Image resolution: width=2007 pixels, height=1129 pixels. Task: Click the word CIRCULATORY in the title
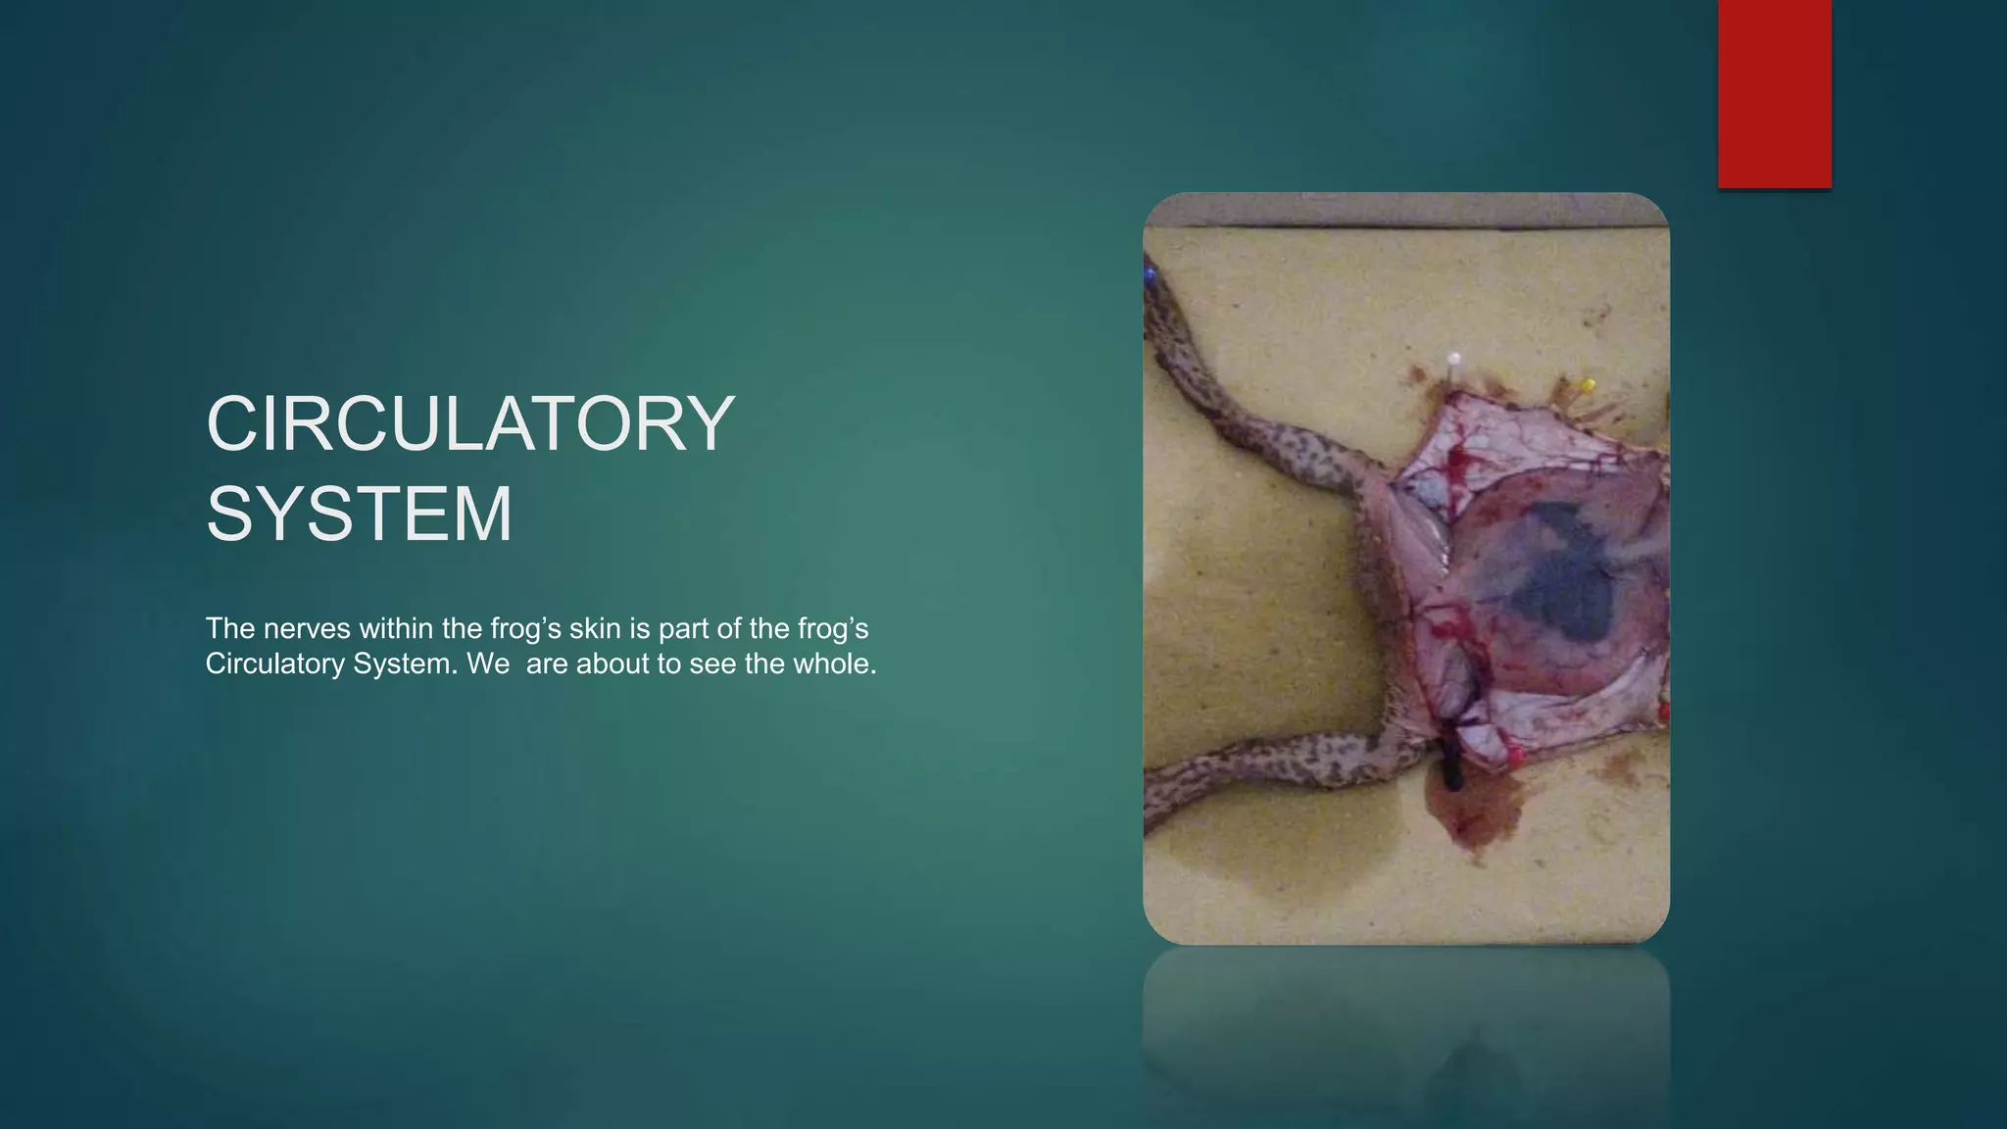click(x=470, y=423)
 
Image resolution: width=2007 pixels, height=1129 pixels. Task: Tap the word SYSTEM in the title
click(x=359, y=514)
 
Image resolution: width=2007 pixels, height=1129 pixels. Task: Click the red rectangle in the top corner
click(x=1774, y=93)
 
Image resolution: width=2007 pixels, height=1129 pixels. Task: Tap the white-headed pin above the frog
click(x=1454, y=360)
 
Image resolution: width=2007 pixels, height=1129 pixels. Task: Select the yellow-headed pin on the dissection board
click(x=1589, y=384)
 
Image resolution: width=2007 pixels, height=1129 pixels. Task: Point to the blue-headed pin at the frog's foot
click(x=1150, y=273)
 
